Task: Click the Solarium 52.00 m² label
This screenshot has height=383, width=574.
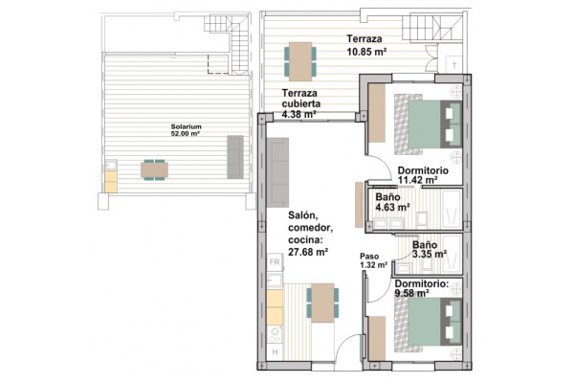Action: (x=186, y=130)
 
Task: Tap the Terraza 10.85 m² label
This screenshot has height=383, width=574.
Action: (x=366, y=45)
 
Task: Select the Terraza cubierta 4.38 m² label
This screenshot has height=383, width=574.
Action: (x=299, y=103)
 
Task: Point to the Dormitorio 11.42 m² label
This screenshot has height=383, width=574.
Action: (x=423, y=175)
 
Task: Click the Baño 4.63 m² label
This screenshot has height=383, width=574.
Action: (x=392, y=202)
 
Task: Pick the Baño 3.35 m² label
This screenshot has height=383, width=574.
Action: (x=430, y=250)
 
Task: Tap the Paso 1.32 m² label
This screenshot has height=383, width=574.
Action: (x=373, y=260)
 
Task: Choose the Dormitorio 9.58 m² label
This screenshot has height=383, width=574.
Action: (x=422, y=288)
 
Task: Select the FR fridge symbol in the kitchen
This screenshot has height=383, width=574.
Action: (x=275, y=262)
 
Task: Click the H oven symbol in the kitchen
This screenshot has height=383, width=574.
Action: (x=275, y=352)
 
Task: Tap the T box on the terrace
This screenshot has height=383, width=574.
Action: (x=453, y=65)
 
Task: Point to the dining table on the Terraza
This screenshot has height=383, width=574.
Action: (x=300, y=61)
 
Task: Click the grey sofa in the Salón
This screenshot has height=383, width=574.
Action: (x=277, y=172)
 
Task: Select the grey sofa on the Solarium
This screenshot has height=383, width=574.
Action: (x=235, y=157)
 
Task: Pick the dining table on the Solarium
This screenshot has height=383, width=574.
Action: (x=154, y=170)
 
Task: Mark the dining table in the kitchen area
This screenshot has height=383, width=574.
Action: (x=322, y=303)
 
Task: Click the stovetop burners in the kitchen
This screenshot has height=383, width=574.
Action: (x=275, y=334)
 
